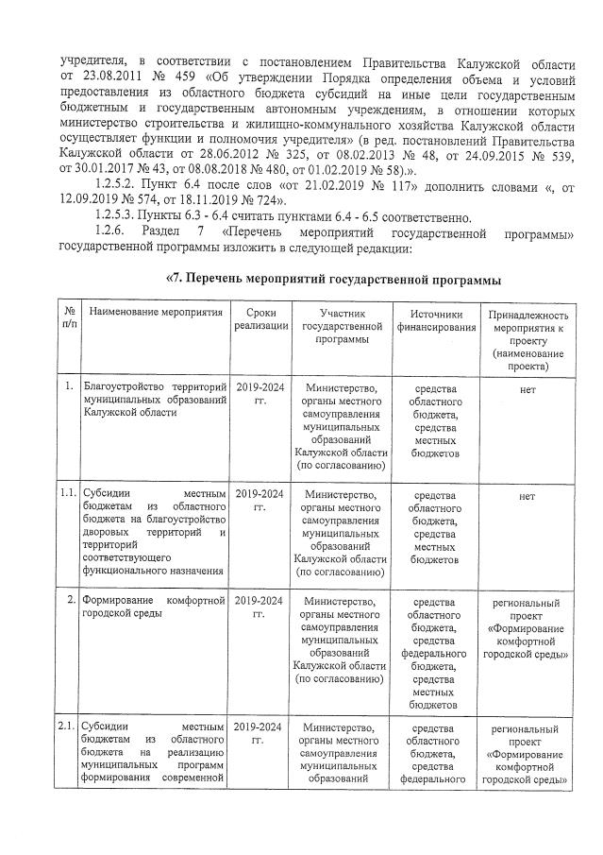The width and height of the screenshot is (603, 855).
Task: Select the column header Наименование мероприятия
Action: [x=155, y=312]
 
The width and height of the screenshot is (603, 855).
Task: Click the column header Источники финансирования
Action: [x=435, y=318]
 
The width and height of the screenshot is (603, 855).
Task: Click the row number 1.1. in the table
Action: [x=66, y=493]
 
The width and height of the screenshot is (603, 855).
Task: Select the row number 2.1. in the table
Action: [x=66, y=727]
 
